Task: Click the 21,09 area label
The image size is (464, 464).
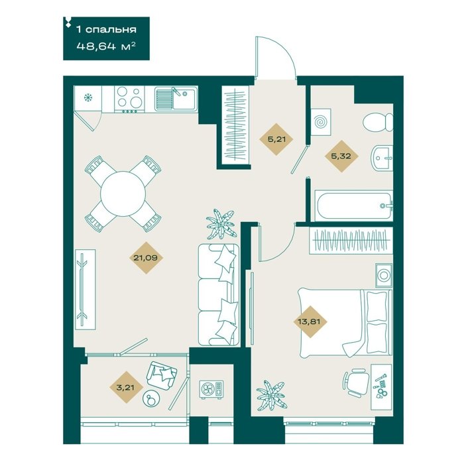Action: point(145,258)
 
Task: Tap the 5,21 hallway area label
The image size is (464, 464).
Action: point(276,139)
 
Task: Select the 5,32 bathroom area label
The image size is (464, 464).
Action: point(341,156)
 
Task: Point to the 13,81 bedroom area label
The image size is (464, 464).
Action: point(310,321)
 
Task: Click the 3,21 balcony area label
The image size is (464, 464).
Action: point(125,387)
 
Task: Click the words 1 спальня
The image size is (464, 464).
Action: point(107,29)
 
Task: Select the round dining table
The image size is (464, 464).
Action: point(123,194)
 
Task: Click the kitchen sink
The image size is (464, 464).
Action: point(176,99)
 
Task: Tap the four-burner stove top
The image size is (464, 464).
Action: point(130,99)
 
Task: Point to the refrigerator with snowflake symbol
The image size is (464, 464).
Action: point(88,97)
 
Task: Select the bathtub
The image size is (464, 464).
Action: point(353,205)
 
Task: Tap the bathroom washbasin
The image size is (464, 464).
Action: point(382,158)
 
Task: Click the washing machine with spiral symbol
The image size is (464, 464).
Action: point(320,121)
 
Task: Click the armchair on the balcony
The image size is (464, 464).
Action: point(162,375)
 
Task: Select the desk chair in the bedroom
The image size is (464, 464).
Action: point(356,382)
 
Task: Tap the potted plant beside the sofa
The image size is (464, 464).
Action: point(221,224)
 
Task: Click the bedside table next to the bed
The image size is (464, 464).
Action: point(384,276)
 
